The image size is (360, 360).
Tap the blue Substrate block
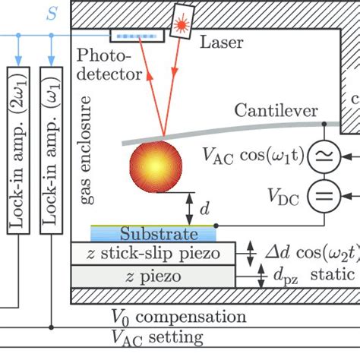pyautogui.click(x=155, y=233)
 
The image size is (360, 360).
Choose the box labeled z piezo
pyautogui.click(x=155, y=276)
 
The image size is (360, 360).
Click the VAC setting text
pyautogui.click(x=157, y=336)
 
